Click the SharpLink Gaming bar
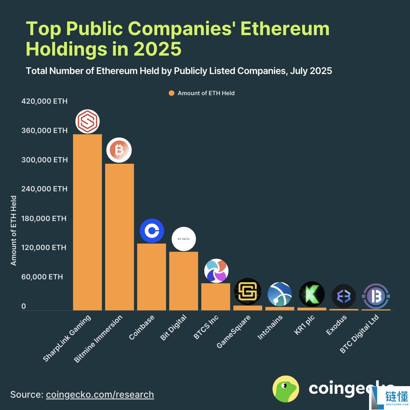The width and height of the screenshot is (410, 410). click(x=87, y=222)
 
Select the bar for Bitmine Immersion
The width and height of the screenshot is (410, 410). click(x=119, y=237)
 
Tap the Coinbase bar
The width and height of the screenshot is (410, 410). click(x=151, y=277)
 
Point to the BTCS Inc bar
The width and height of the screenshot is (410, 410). click(x=216, y=296)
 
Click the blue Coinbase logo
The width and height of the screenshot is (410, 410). click(x=152, y=231)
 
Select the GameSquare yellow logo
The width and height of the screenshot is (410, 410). click(x=248, y=292)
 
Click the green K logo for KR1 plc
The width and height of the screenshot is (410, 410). click(x=312, y=294)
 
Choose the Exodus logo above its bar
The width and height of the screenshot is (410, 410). click(x=343, y=296)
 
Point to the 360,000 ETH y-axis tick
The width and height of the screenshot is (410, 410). click(x=44, y=131)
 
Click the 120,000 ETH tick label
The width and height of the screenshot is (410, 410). click(x=44, y=248)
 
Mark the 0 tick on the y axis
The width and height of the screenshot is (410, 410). click(x=24, y=306)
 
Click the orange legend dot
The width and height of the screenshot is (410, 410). click(x=172, y=93)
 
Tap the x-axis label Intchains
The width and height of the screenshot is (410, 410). click(x=270, y=327)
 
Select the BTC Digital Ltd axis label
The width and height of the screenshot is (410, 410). click(x=360, y=334)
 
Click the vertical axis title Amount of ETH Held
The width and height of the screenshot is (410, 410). click(x=14, y=231)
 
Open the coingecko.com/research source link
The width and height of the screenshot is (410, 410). click(x=100, y=395)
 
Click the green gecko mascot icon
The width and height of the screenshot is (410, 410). click(x=286, y=389)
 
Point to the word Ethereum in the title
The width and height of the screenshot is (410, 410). click(x=285, y=29)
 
